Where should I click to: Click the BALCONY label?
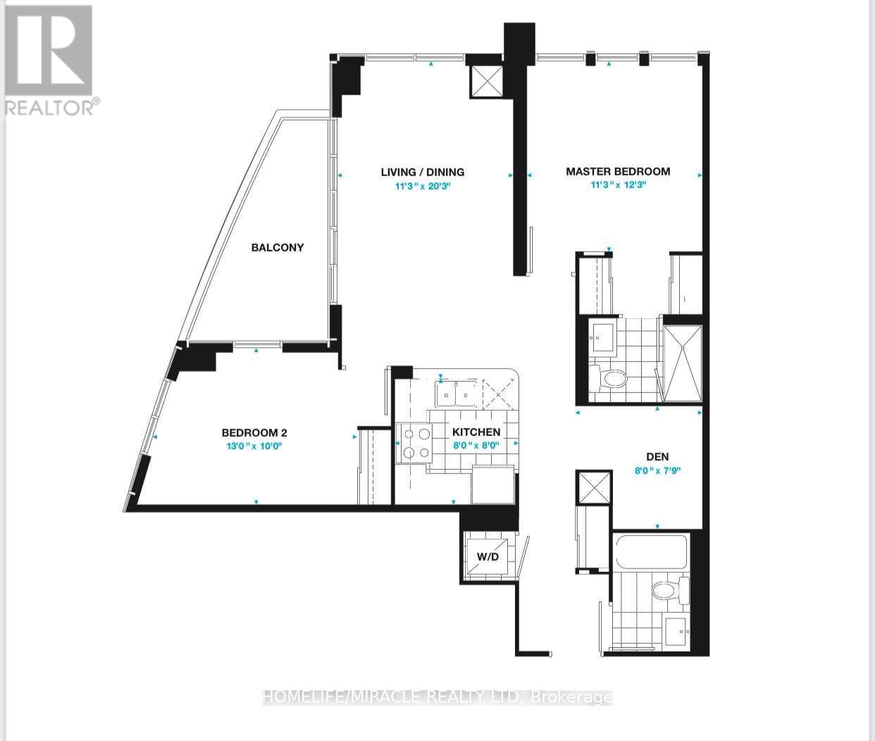278,247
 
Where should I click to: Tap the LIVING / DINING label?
422,172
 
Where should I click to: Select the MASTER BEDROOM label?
618,171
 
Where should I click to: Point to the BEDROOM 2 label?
254,433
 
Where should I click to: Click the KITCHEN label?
476,432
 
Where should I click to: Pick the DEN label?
657,456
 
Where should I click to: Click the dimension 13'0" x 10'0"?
255,446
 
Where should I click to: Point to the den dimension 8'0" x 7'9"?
657,471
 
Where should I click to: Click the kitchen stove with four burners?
415,443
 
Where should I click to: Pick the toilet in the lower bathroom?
669,590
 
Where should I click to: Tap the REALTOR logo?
49,60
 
